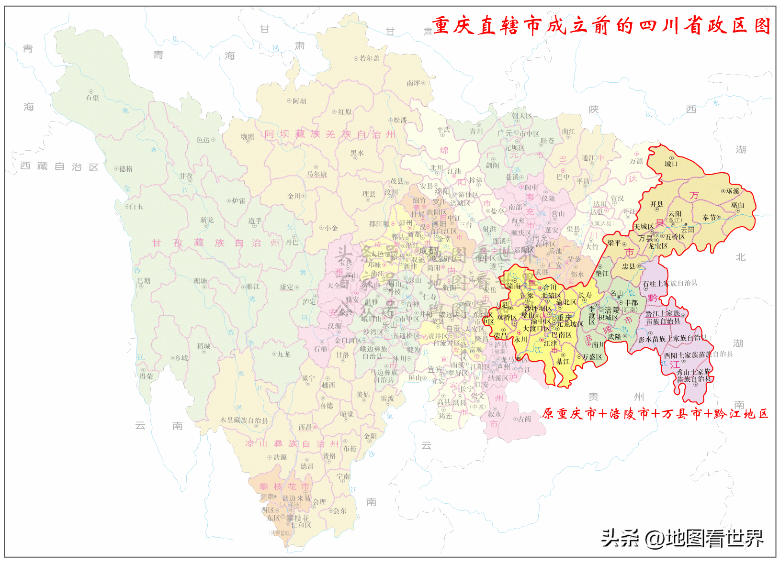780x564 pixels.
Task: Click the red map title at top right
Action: (x=601, y=26)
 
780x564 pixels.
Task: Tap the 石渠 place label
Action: (x=92, y=98)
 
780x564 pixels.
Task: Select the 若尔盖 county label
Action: (x=370, y=58)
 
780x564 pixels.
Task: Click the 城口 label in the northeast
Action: (x=671, y=164)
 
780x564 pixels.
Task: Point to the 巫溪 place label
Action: (x=733, y=191)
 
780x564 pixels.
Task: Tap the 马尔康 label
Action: (x=317, y=175)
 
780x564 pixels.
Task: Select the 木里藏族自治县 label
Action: (x=244, y=420)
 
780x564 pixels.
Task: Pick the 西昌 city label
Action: (x=305, y=427)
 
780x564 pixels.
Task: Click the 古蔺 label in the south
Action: (x=524, y=419)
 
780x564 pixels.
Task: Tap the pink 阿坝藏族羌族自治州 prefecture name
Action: (x=330, y=134)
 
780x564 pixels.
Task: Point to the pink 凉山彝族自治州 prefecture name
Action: (x=292, y=444)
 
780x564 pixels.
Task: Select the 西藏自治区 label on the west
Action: (x=59, y=166)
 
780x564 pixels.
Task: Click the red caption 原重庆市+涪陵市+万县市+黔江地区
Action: (x=655, y=414)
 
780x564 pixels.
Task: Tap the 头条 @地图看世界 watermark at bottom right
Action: (x=682, y=538)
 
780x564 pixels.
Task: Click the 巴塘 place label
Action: (x=144, y=281)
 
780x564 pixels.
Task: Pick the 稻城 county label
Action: (x=203, y=346)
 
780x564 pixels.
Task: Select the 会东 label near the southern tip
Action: (x=340, y=511)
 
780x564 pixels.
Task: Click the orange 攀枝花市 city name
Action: (x=284, y=487)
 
